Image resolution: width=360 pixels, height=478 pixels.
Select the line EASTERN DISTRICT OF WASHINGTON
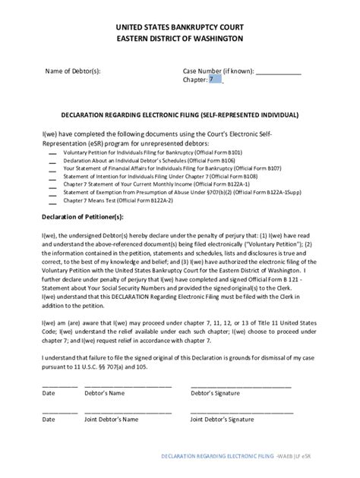[x=179, y=37]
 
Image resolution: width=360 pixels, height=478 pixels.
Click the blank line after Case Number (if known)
[x=278, y=72]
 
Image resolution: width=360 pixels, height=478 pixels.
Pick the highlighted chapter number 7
[x=215, y=79]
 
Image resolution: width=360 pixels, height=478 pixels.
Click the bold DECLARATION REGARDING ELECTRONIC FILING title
[x=179, y=115]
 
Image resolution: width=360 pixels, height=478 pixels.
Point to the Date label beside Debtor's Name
[x=49, y=393]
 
